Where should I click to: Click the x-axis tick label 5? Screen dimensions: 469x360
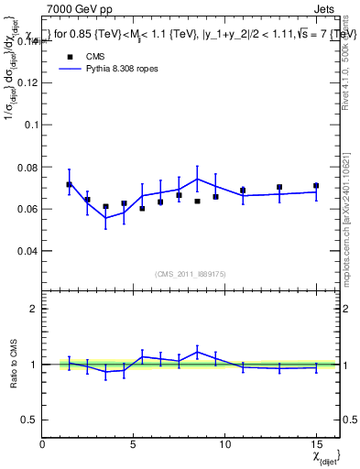click(x=134, y=444)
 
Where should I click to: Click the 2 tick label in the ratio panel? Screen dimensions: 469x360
click(x=34, y=309)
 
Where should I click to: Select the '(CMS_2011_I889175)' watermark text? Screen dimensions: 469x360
click(x=191, y=273)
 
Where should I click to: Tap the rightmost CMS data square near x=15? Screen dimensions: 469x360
click(x=316, y=185)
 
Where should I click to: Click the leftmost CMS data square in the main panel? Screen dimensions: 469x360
click(x=69, y=184)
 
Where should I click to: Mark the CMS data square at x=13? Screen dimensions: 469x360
click(x=279, y=187)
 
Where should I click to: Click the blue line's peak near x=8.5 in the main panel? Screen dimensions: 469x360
click(x=197, y=179)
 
